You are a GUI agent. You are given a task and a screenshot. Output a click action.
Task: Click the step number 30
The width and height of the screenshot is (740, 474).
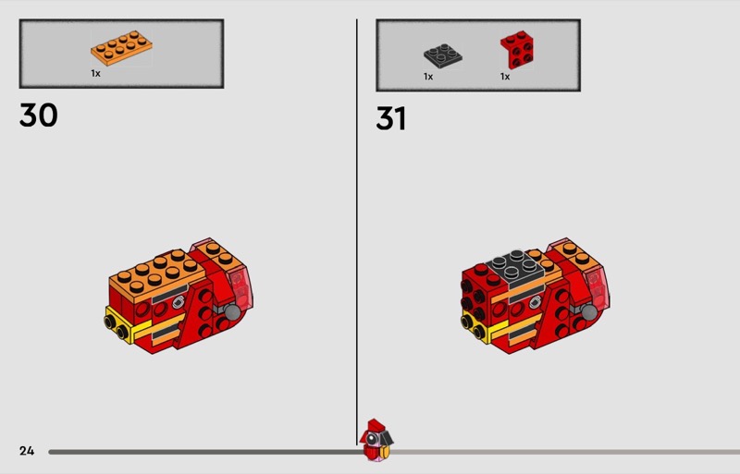tap(38, 115)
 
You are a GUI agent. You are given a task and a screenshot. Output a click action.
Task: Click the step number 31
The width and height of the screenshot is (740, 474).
tap(390, 118)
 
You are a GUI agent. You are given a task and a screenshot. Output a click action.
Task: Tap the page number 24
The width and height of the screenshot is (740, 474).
tap(27, 451)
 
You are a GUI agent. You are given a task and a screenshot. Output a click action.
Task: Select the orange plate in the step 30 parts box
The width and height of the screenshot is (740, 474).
tap(121, 48)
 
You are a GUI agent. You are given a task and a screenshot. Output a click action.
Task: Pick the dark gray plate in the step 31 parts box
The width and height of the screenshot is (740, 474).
tap(443, 55)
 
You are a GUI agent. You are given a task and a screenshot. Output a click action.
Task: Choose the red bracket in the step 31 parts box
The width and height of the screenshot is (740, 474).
tap(517, 50)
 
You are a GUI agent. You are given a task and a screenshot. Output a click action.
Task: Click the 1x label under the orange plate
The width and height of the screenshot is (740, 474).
tap(96, 74)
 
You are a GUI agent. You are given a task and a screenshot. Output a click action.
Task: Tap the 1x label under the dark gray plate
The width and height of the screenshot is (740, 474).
tap(428, 77)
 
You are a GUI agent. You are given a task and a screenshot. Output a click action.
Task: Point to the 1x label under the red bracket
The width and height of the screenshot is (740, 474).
tap(505, 77)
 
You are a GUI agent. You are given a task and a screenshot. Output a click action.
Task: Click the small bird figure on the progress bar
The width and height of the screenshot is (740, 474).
tap(376, 440)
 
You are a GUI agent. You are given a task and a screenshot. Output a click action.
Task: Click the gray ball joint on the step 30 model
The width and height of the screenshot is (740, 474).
tap(233, 311)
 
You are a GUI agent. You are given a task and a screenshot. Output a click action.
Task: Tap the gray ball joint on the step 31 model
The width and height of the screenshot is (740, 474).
tap(590, 311)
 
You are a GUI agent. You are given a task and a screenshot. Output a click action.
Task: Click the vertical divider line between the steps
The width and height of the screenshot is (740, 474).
tap(357, 232)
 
